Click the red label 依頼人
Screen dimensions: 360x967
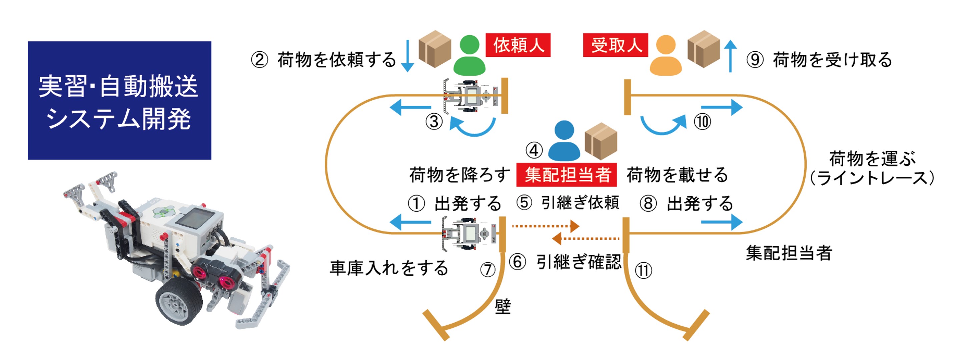click(x=518, y=45)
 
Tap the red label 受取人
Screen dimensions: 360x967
click(x=616, y=45)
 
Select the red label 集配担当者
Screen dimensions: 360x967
click(x=567, y=175)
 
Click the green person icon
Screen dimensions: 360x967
click(x=469, y=56)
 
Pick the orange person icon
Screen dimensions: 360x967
click(x=666, y=56)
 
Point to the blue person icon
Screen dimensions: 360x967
click(x=564, y=142)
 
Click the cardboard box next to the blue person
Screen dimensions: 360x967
click(x=601, y=141)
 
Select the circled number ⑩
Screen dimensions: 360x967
click(x=702, y=122)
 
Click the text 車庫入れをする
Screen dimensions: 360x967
click(x=389, y=268)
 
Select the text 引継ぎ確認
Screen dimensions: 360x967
click(x=579, y=262)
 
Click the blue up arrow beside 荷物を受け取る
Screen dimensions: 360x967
click(x=730, y=56)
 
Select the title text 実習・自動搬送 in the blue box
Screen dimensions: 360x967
click(x=119, y=86)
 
